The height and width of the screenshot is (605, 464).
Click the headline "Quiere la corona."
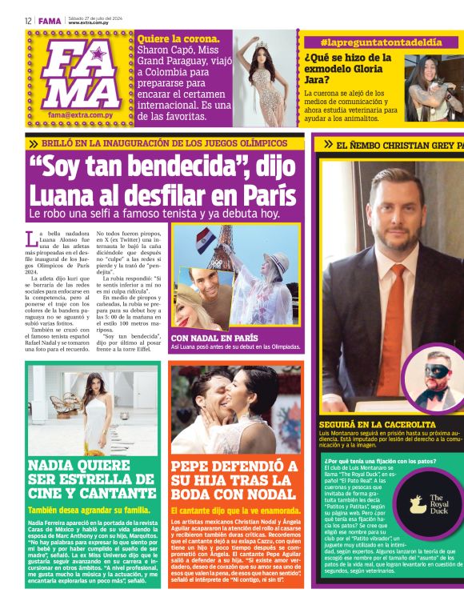click(x=178, y=38)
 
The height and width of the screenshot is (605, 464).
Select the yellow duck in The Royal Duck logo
click(x=417, y=503)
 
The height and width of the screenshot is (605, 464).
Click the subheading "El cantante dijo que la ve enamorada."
click(x=237, y=510)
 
